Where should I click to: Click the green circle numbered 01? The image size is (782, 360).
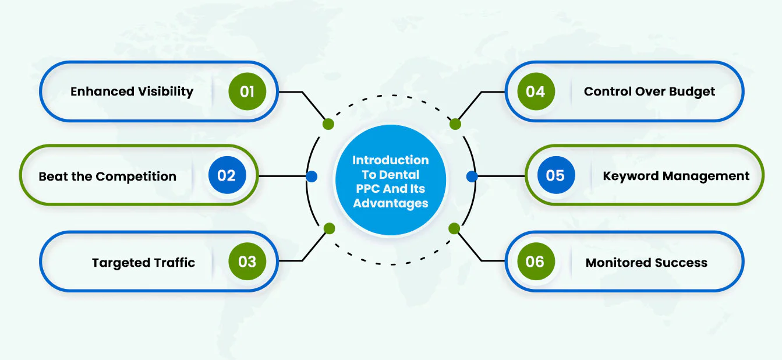pyautogui.click(x=247, y=91)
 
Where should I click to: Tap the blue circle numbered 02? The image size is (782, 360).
pyautogui.click(x=227, y=175)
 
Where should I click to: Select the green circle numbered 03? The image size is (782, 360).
pyautogui.click(x=247, y=262)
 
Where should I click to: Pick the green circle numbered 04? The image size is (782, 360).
pyautogui.click(x=536, y=91)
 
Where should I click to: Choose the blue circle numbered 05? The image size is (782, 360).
pyautogui.click(x=555, y=175)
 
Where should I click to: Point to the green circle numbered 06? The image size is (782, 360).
pyautogui.click(x=536, y=262)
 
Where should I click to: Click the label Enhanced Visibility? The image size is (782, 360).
pyautogui.click(x=132, y=92)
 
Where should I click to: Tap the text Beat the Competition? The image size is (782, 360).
pyautogui.click(x=108, y=177)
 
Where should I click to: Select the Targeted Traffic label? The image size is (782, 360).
pyautogui.click(x=143, y=263)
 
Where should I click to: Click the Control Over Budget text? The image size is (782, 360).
pyautogui.click(x=649, y=92)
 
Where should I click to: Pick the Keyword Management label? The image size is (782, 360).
pyautogui.click(x=676, y=177)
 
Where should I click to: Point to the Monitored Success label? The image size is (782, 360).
pyautogui.click(x=646, y=263)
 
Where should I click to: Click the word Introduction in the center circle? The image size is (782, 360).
pyautogui.click(x=391, y=160)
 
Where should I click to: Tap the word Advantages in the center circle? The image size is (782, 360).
pyautogui.click(x=391, y=203)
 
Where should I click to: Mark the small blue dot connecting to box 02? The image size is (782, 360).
pyautogui.click(x=312, y=177)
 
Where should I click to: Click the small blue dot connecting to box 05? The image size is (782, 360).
pyautogui.click(x=472, y=177)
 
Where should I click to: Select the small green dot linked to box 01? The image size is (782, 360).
pyautogui.click(x=328, y=124)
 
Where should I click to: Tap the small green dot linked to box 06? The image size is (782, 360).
pyautogui.click(x=454, y=229)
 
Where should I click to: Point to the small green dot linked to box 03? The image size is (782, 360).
pyautogui.click(x=329, y=229)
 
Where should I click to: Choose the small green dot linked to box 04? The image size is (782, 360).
pyautogui.click(x=455, y=124)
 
